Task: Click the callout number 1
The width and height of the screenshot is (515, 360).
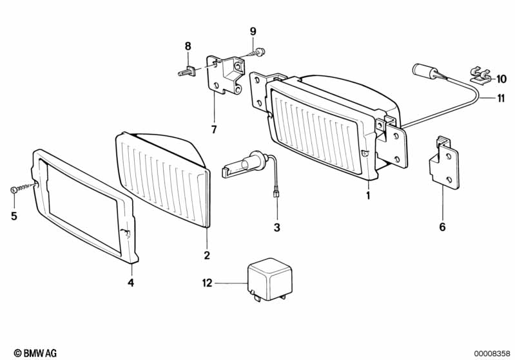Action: point(368,196)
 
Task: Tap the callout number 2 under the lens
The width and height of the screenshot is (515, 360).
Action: point(207,255)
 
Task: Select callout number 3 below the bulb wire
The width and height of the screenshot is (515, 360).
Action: point(277,227)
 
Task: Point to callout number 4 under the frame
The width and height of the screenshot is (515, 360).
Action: point(131,282)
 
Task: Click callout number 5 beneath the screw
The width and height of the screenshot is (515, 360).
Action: point(14,216)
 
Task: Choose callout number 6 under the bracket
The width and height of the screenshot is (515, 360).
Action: point(442,227)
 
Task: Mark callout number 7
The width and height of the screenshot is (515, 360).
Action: point(214,129)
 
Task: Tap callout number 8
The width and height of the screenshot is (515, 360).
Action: point(188,46)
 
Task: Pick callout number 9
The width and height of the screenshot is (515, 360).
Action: point(253,32)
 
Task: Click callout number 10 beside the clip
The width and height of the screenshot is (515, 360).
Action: point(501,79)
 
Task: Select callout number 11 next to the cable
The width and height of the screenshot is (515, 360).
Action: point(501,98)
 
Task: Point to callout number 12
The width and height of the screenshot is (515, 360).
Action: point(208,283)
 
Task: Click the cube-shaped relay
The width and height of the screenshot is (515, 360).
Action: point(269,279)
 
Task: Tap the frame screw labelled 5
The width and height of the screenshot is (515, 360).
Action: point(23,188)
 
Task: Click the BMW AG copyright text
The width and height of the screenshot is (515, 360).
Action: point(35,353)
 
